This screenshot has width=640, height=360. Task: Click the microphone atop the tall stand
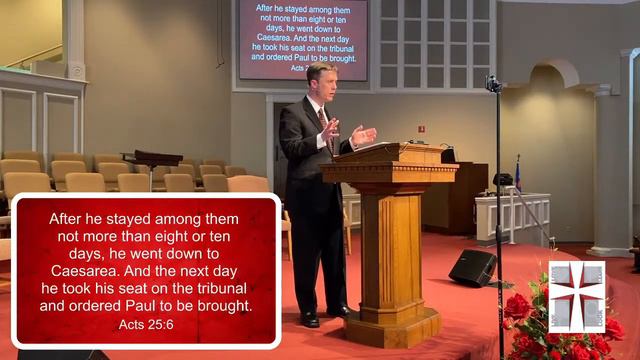[x=493, y=84]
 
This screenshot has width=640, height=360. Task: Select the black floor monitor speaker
[x=472, y=267]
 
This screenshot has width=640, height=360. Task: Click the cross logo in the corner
[x=576, y=296]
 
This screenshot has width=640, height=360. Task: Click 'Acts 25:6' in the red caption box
[x=145, y=324]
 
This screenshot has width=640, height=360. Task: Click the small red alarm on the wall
[x=421, y=129]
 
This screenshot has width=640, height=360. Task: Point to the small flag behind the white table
[x=517, y=172]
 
